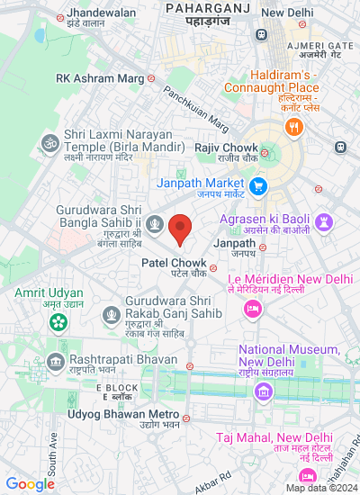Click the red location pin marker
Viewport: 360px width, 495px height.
point(180,229)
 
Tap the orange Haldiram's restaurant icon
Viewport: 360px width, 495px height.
point(293,128)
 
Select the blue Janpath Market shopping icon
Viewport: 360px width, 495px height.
point(259,186)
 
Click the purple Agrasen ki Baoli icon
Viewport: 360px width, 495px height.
point(324,221)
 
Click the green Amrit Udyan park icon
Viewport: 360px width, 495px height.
point(58,319)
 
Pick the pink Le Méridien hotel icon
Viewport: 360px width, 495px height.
point(253,309)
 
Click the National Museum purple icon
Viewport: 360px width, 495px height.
point(262,391)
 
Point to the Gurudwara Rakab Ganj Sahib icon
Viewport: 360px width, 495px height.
point(112,314)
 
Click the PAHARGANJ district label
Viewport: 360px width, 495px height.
point(210,7)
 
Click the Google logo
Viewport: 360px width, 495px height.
point(30,484)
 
